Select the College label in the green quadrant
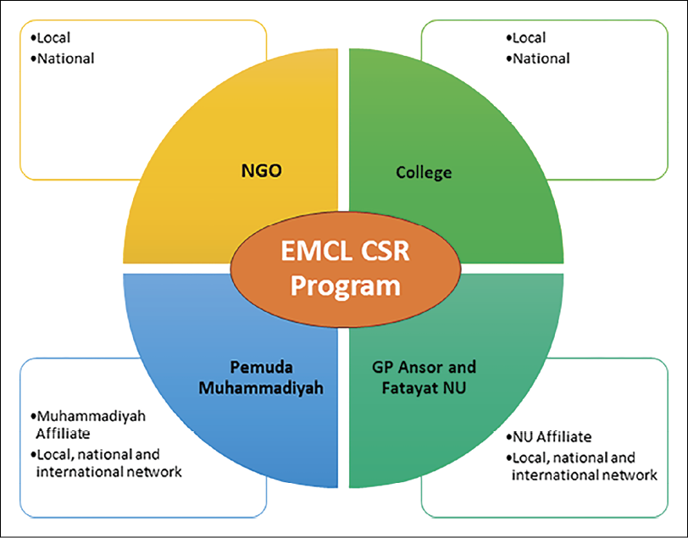pyautogui.click(x=424, y=173)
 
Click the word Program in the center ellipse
pyautogui.click(x=345, y=286)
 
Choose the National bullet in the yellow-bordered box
pyautogui.click(x=64, y=58)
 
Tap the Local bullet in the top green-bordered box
pyautogui.click(x=529, y=38)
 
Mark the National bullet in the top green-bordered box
pyautogui.click(x=539, y=58)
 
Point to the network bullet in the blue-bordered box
pyautogui.click(x=107, y=463)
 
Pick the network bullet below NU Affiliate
pyautogui.click(x=584, y=466)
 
